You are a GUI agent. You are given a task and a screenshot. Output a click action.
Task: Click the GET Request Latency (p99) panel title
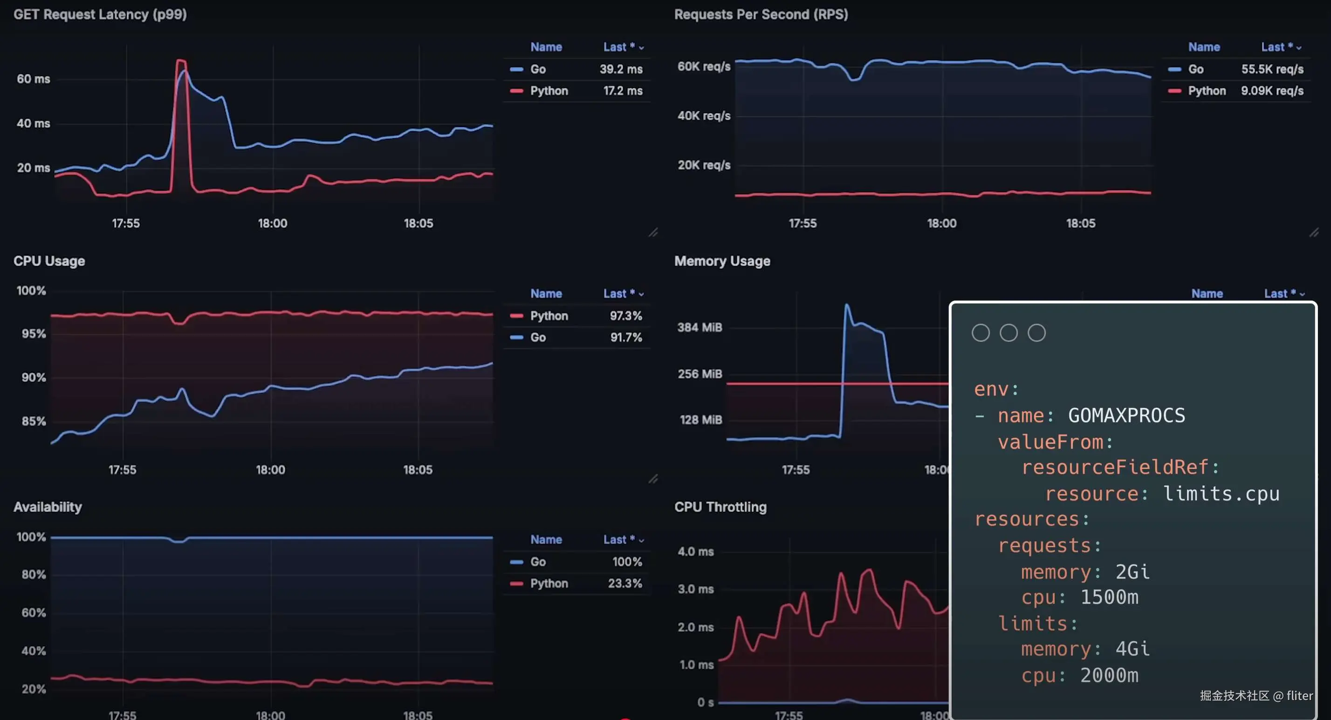[x=100, y=14]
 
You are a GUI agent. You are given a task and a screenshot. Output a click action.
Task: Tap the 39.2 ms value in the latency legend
[x=621, y=69]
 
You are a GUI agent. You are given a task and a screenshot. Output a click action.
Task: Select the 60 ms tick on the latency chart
[x=34, y=79]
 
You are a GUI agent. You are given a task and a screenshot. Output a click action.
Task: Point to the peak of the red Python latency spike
[x=181, y=61]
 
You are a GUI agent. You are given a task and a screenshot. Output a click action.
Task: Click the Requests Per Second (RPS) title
[x=761, y=14]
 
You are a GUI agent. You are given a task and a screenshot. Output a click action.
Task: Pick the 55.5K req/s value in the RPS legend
[x=1272, y=69]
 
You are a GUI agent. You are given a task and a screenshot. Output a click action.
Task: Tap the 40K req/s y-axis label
[x=704, y=115]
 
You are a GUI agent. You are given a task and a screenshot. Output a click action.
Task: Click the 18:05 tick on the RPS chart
[x=1080, y=224]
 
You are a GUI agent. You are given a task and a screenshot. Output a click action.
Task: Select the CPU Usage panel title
[x=49, y=261]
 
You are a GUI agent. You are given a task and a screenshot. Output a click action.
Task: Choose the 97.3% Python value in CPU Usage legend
[x=626, y=316]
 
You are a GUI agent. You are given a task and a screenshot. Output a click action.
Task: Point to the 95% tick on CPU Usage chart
[x=34, y=334]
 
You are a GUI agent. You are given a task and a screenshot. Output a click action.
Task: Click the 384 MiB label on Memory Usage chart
[x=700, y=327]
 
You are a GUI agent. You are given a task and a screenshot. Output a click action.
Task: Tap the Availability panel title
[x=48, y=507]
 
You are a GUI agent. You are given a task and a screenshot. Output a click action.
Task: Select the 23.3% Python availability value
[x=624, y=584]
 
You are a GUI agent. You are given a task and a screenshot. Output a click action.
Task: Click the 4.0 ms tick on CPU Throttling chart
[x=695, y=551]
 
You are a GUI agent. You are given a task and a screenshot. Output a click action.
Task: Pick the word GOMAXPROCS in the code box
[x=1126, y=416]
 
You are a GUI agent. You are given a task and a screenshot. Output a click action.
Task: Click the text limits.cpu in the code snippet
[x=1221, y=494]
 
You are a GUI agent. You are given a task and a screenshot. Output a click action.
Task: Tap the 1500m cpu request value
[x=1109, y=598]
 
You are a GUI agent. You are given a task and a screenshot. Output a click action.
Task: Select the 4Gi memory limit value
[x=1132, y=649]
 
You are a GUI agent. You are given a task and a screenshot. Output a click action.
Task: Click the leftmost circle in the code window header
[x=981, y=333]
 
